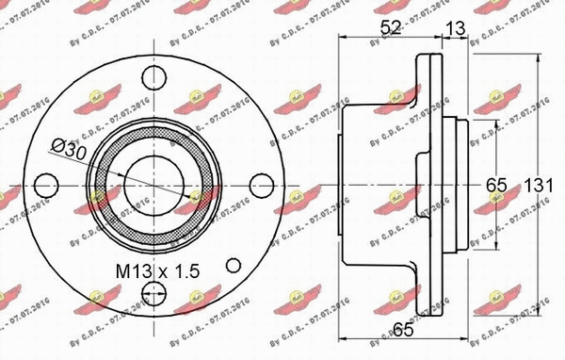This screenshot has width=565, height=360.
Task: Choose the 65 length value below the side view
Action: pyautogui.click(x=405, y=330)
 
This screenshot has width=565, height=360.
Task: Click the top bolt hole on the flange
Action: pyautogui.click(x=151, y=78)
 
